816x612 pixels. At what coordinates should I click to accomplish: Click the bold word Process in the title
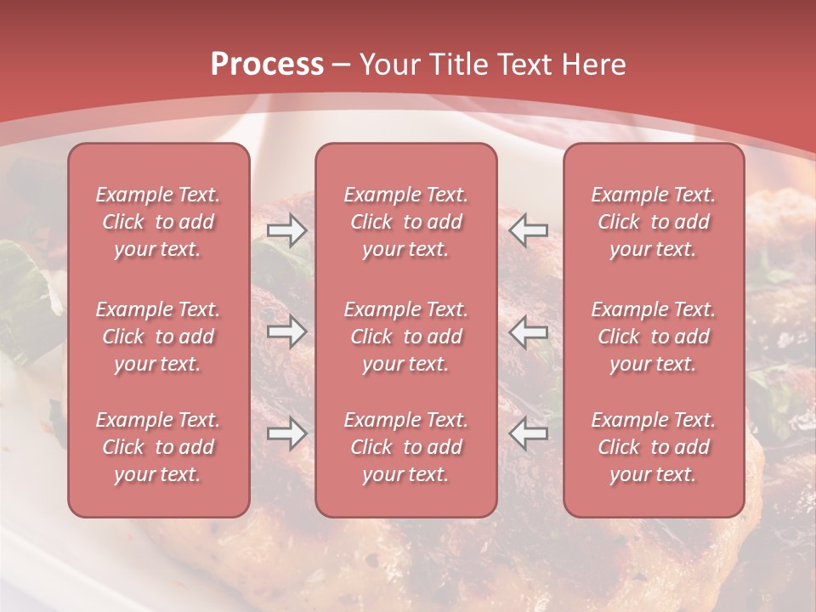pos(267,64)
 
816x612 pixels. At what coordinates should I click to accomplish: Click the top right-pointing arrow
pos(287,230)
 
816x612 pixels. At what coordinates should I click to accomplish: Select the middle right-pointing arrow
pos(287,331)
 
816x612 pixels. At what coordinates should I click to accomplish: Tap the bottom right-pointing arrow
pos(287,433)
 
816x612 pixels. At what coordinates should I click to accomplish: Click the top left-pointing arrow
pos(528,230)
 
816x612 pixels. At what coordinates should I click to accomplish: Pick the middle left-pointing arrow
pos(528,331)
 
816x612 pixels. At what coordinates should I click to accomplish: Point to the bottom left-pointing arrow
pos(528,433)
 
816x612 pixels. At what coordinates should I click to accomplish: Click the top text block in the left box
pos(158,222)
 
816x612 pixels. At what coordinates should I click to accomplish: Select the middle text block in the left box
pos(158,337)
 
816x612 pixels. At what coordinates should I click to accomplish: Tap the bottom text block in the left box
pos(158,447)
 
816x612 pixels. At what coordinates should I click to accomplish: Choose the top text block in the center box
pos(405,222)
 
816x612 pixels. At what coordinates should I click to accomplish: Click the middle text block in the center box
pos(405,337)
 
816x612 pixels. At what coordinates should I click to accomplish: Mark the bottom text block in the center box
pos(405,447)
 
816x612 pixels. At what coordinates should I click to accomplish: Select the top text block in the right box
pos(653,222)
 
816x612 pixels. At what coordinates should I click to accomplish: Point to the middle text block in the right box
pos(653,337)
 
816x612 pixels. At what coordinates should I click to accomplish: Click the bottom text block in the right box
pos(653,447)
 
